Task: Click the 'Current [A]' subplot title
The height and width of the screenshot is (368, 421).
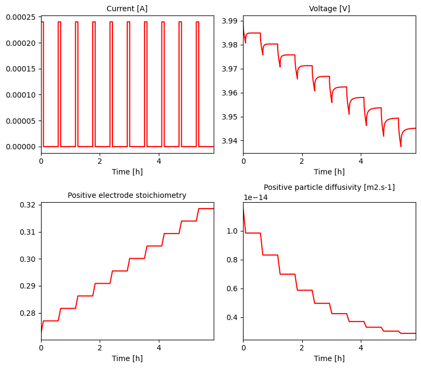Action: click(127, 9)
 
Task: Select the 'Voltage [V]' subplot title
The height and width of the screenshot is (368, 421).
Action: click(329, 9)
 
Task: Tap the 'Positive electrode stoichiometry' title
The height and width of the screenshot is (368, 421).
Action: click(127, 195)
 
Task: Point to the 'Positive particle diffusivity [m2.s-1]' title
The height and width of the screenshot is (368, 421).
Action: click(329, 187)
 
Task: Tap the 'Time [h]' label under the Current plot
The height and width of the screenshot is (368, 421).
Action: click(127, 172)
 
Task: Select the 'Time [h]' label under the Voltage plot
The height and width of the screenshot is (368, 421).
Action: click(329, 172)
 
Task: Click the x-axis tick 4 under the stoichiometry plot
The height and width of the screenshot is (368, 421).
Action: click(159, 347)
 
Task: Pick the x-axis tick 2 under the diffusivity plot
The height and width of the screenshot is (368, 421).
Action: click(302, 347)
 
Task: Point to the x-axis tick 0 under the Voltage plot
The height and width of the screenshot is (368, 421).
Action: click(243, 161)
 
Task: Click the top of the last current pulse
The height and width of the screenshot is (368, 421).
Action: click(197, 22)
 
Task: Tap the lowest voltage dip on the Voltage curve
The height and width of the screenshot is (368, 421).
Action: click(401, 146)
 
